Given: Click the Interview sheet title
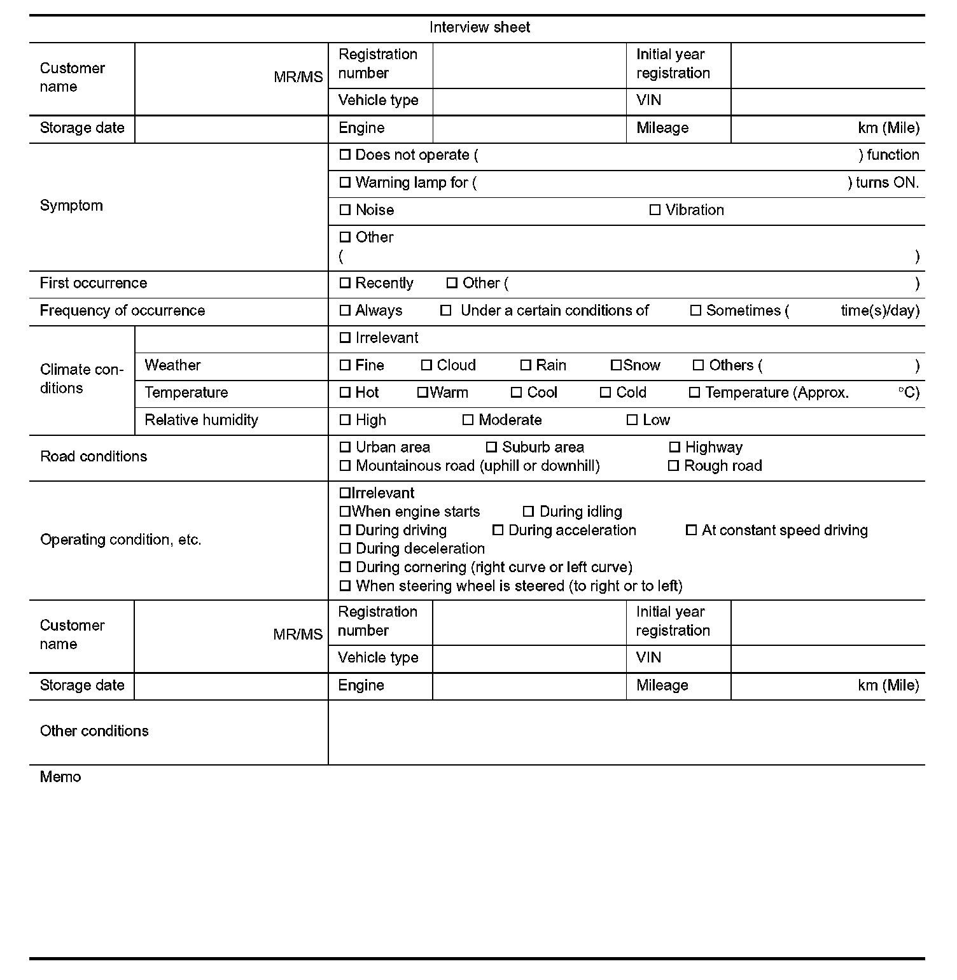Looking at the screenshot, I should (x=479, y=27).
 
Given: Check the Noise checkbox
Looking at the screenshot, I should (x=345, y=210).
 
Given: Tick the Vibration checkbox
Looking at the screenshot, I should (x=655, y=210).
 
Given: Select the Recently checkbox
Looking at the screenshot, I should (x=345, y=283).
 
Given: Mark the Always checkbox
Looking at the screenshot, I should (x=345, y=311).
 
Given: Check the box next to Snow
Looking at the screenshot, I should (x=615, y=365).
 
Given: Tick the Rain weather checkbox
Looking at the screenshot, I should (x=526, y=365).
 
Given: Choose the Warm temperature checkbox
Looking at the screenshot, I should (x=422, y=393).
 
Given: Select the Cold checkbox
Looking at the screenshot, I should (x=605, y=393).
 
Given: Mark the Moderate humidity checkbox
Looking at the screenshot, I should (x=468, y=420).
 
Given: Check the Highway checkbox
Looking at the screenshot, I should (x=674, y=447).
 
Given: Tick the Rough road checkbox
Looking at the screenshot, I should (x=673, y=466).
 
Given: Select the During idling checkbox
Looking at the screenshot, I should (x=528, y=512).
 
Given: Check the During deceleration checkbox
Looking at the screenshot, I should (x=345, y=549).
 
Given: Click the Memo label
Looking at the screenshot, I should (x=60, y=777).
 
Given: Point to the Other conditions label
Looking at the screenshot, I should (x=94, y=731).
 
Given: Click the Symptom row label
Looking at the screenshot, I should (x=71, y=206).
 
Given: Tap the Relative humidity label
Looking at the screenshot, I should (x=201, y=420).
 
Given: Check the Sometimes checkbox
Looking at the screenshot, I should (x=695, y=311).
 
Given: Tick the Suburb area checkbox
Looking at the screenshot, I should (x=491, y=447).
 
